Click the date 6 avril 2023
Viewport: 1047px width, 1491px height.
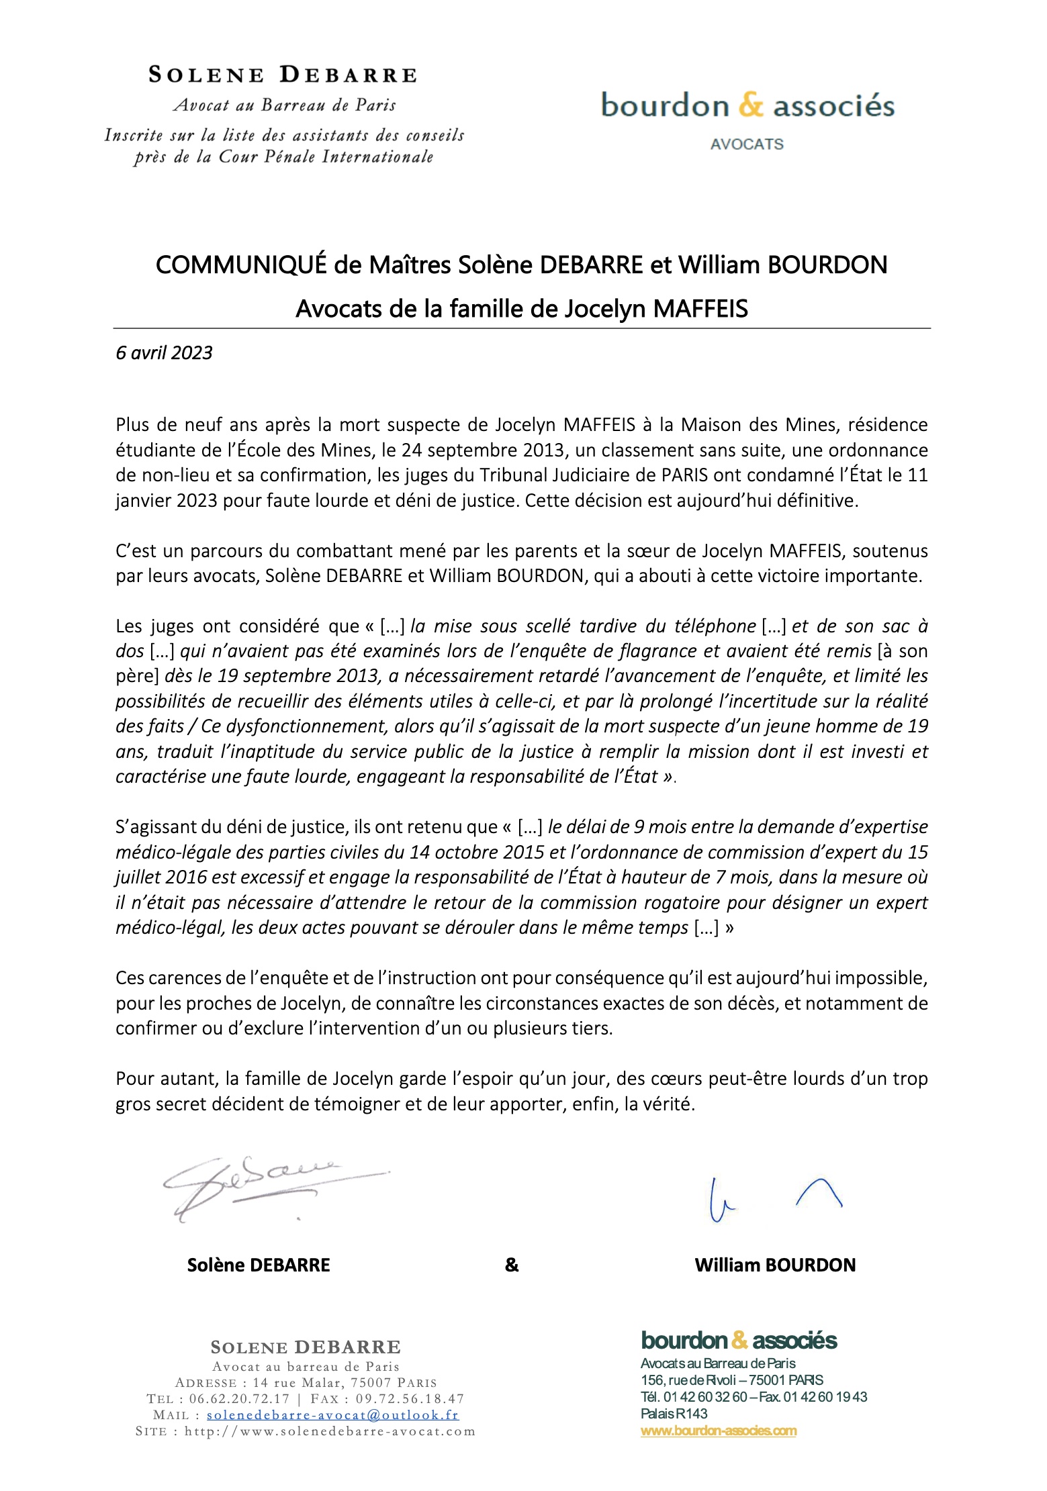click(x=164, y=353)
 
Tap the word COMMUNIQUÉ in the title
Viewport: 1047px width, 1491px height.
click(x=242, y=265)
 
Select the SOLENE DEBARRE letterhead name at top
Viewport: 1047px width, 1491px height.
click(x=283, y=75)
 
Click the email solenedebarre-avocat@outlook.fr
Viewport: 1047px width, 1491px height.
click(x=332, y=1414)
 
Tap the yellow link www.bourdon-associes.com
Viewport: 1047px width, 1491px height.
click(x=719, y=1431)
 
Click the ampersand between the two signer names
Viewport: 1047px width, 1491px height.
click(x=512, y=1265)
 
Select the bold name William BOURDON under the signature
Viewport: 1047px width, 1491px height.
click(x=775, y=1265)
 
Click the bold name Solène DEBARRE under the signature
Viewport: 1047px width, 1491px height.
click(x=259, y=1265)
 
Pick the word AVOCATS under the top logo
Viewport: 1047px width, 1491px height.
click(x=747, y=144)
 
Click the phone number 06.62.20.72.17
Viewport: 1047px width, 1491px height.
click(x=239, y=1398)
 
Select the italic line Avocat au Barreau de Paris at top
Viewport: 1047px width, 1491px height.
click(x=285, y=105)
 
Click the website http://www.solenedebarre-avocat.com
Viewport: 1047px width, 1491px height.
click(x=330, y=1431)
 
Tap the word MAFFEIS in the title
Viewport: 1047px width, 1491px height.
click(x=700, y=309)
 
